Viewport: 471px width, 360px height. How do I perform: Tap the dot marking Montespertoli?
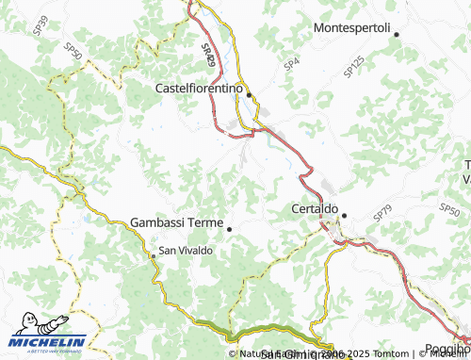click(x=397, y=35)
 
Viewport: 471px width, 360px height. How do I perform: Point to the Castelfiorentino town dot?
click(x=249, y=95)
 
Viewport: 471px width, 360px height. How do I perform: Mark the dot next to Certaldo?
click(x=344, y=216)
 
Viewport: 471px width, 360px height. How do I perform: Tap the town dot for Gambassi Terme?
click(x=229, y=228)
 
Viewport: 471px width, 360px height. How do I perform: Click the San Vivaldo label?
click(x=186, y=251)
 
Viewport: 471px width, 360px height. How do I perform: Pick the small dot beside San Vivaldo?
click(x=154, y=255)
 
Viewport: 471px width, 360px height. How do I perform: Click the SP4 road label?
click(x=292, y=63)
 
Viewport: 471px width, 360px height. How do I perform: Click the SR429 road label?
click(x=208, y=53)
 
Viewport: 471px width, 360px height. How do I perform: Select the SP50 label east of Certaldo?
click(x=449, y=209)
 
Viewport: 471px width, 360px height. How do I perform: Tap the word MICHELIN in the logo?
click(x=52, y=342)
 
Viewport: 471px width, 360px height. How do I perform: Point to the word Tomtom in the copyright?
click(x=389, y=353)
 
